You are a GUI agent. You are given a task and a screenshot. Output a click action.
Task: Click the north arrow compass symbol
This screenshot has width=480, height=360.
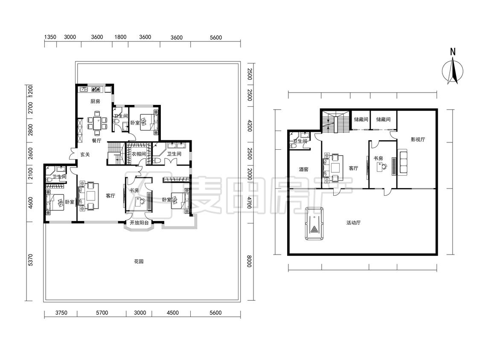coord(453,71)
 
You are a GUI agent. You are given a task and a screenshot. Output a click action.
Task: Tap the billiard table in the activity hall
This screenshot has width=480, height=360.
coord(314,223)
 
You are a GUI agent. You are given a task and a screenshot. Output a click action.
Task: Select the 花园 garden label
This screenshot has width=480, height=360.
coord(139,261)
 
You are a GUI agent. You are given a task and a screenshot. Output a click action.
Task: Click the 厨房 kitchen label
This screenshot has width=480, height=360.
coord(95,101)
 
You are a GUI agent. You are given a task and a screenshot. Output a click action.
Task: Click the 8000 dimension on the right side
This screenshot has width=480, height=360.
coord(249,261)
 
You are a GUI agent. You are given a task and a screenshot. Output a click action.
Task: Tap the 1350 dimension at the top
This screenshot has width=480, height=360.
coord(50,37)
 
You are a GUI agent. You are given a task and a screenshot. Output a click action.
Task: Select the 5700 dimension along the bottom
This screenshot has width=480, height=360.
coord(102,313)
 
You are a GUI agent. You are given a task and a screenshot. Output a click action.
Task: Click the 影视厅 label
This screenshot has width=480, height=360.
coord(418,139)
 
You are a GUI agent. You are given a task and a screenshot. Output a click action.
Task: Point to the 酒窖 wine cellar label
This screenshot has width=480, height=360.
coord(303,169)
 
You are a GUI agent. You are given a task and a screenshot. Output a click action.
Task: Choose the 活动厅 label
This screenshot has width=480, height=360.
coord(353,223)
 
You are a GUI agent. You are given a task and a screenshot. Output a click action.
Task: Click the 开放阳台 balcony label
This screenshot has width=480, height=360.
coord(139,223)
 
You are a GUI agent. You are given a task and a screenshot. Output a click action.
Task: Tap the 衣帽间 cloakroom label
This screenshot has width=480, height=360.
coord(139,154)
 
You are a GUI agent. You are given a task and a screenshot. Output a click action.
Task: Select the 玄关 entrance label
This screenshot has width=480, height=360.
coord(85,154)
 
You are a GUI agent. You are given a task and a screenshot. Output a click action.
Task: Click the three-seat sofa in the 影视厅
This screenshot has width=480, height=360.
coord(403,162)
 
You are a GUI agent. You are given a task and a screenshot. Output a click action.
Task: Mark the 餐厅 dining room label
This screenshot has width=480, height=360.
coord(96,140)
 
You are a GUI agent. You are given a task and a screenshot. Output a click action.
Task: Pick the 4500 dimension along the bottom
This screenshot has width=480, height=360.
coord(172,313)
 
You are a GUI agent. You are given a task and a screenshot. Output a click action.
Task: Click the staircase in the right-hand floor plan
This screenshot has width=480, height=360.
coord(335,122)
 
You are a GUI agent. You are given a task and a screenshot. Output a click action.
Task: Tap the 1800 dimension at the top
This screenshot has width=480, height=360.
coord(120,37)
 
